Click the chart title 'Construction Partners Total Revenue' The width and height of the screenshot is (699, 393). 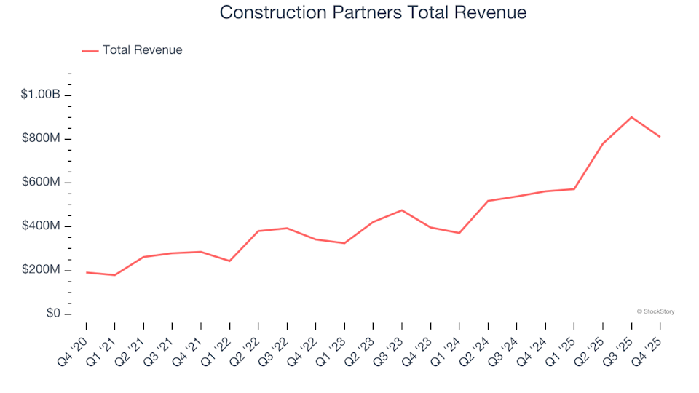tap(372, 13)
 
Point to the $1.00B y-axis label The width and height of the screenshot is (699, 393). tap(41, 95)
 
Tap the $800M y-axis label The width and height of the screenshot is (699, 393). tap(41, 138)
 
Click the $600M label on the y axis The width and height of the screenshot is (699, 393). tap(41, 182)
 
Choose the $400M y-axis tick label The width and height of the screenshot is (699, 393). tap(41, 226)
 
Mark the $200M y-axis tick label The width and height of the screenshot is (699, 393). tap(41, 270)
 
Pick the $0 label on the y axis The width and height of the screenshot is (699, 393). tap(51, 314)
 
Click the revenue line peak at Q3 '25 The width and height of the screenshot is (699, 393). tap(631, 117)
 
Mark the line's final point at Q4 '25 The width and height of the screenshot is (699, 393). tap(660, 137)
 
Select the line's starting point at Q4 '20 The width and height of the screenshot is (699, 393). tap(87, 272)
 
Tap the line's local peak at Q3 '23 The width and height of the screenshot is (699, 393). tap(402, 210)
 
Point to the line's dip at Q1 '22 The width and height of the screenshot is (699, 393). tap(230, 261)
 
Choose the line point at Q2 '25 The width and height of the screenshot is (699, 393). tap(603, 143)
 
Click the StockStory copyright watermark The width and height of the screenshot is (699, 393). tap(655, 311)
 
